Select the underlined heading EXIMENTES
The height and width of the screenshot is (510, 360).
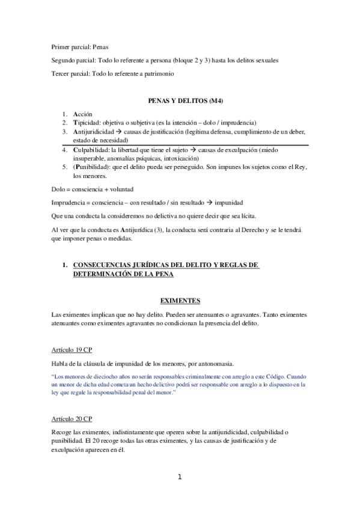click(x=180, y=300)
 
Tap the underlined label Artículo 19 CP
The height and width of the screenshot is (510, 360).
click(x=72, y=349)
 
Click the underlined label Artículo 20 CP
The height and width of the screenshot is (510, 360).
click(x=72, y=418)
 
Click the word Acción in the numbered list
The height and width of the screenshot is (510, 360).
click(x=82, y=113)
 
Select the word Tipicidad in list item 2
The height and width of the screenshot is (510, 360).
click(x=88, y=122)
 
